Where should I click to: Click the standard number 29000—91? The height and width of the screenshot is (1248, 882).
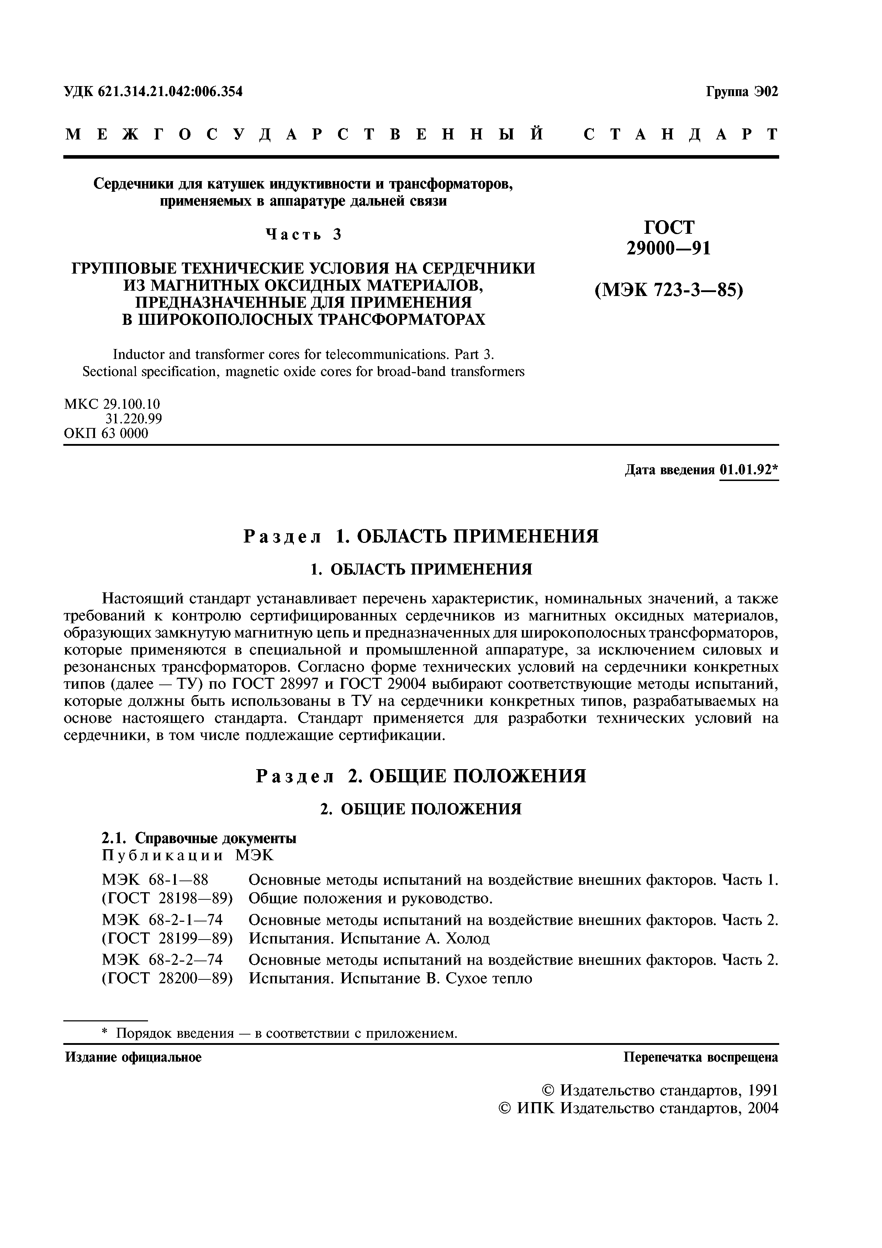[x=669, y=248]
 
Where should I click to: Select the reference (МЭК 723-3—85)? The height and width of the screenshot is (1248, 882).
[x=669, y=291]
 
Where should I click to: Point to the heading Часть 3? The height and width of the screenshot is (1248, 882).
[x=303, y=235]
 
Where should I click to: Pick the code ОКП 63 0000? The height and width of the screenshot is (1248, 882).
[x=106, y=434]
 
